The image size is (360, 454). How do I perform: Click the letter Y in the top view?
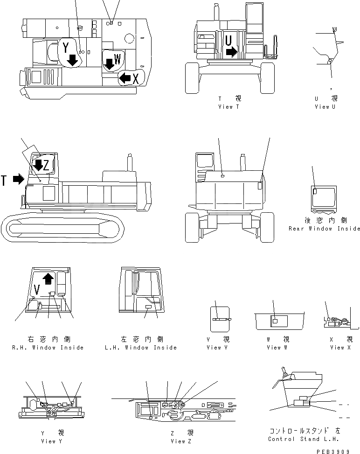[66, 47]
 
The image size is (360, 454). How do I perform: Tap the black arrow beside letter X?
[125, 78]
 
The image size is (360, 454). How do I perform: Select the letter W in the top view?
[118, 59]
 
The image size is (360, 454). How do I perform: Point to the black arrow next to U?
[231, 52]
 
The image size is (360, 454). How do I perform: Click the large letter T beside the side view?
[4, 180]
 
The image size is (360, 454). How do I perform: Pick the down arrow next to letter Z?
[39, 164]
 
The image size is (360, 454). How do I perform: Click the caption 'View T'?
[229, 107]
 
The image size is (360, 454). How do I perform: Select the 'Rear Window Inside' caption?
[324, 229]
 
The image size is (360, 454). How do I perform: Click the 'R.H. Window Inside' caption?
[48, 348]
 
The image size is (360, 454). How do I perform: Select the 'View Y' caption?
[48, 441]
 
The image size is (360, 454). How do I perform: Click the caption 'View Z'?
[180, 441]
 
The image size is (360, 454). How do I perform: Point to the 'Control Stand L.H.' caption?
[304, 439]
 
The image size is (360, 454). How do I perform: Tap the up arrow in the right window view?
[47, 279]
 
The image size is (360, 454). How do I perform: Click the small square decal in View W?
[275, 321]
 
